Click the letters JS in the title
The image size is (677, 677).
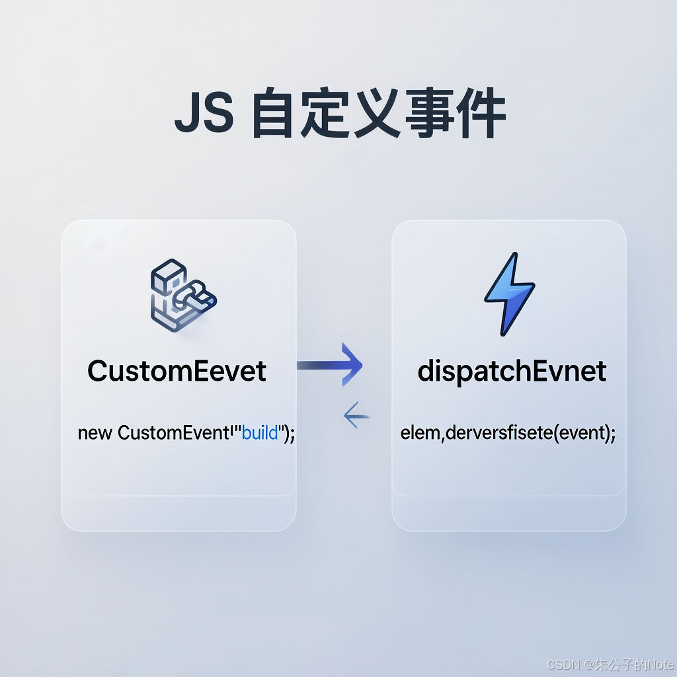(204, 116)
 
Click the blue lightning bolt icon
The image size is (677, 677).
(509, 294)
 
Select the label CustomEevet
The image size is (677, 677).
(177, 371)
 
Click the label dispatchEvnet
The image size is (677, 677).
(512, 371)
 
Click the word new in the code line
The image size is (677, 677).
(95, 434)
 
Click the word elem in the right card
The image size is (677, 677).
(418, 434)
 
